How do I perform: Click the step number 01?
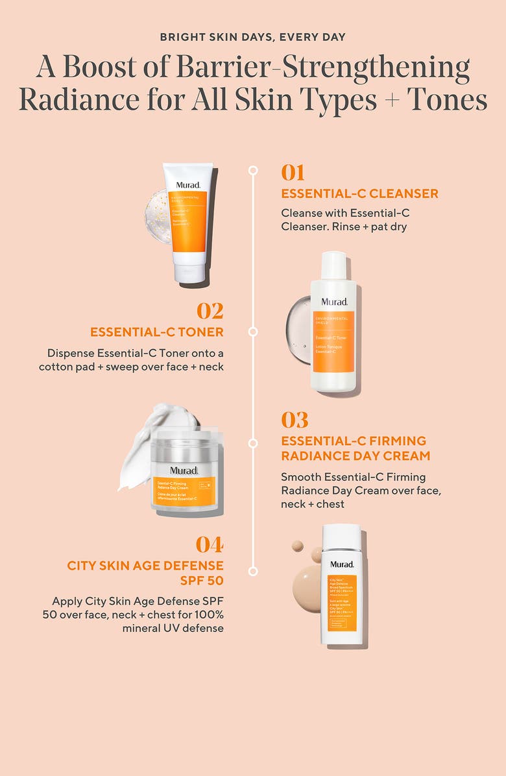(293, 173)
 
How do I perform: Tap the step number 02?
(210, 311)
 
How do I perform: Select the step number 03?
(295, 420)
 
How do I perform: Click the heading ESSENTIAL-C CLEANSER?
(359, 193)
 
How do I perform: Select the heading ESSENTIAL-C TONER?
(157, 332)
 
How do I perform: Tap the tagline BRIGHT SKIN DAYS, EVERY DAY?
(253, 37)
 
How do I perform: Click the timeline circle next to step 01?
(253, 171)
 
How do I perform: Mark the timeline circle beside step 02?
(253, 332)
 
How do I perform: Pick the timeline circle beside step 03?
(253, 443)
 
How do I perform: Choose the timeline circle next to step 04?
(253, 571)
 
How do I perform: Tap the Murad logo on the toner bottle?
(333, 302)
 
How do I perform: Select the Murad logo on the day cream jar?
(184, 470)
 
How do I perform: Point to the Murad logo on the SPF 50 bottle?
(341, 564)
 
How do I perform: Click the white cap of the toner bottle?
(333, 266)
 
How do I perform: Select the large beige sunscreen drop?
(307, 588)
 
